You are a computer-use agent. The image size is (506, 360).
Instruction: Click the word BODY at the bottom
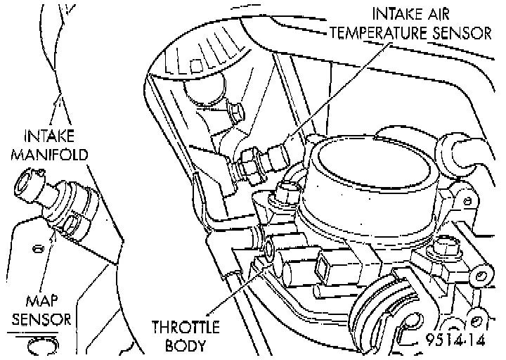[x=185, y=345]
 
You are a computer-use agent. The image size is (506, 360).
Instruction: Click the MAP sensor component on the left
[x=60, y=207]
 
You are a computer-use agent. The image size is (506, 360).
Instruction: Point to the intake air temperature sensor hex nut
[x=247, y=164]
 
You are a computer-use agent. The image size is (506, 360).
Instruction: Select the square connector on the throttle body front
[x=327, y=264]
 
